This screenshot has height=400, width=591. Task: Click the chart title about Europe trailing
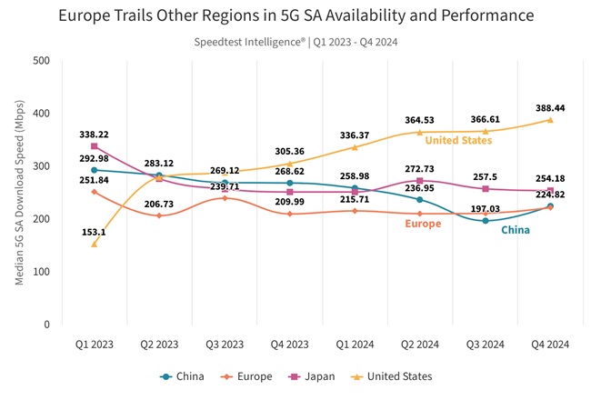coord(295,16)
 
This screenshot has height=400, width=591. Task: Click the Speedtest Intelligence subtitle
coord(295,41)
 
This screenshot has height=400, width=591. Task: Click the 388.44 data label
coord(550,106)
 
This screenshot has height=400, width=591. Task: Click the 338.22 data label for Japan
coord(94,132)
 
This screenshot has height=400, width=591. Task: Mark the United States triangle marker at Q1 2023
coord(94,244)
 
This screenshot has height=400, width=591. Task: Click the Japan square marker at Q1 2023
coord(94,146)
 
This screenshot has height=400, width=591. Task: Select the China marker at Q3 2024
coord(486,221)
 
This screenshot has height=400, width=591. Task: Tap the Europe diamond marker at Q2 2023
coord(159,215)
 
